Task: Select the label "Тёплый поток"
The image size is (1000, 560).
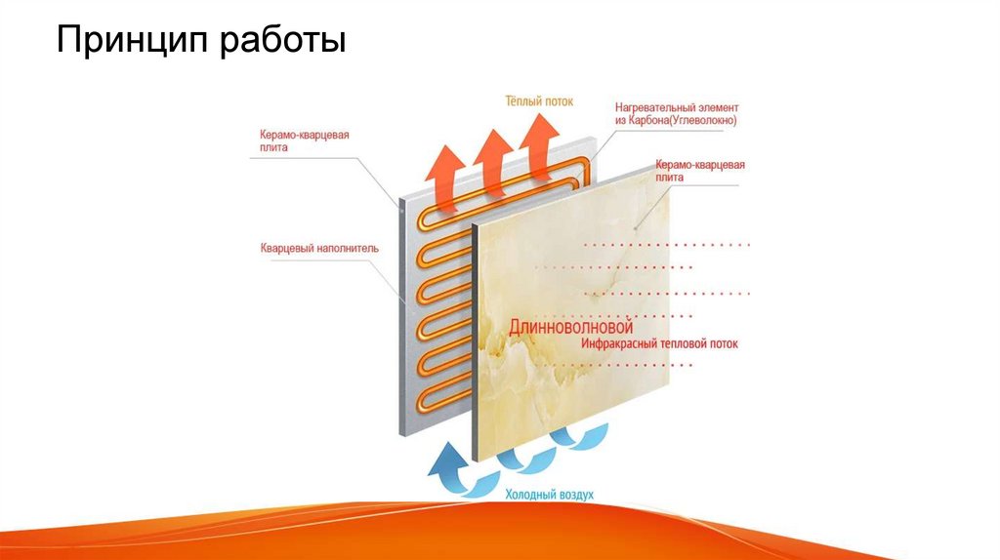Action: point(539,100)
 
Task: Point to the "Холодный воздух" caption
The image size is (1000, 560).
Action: point(549,495)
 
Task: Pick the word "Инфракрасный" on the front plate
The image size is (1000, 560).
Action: point(625,343)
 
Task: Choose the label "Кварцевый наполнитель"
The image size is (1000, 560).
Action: point(319,248)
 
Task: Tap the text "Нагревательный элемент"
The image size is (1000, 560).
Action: point(677,106)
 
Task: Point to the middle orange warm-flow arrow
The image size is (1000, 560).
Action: point(491,156)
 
